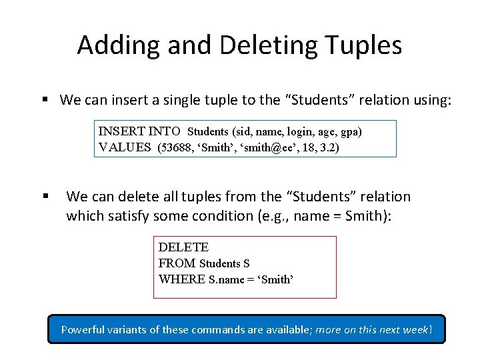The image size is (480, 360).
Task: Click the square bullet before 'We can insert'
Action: (x=45, y=100)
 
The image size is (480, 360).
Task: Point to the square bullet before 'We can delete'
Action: (x=45, y=197)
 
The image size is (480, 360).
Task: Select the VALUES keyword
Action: (x=125, y=147)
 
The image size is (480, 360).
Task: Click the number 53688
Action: (x=175, y=147)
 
